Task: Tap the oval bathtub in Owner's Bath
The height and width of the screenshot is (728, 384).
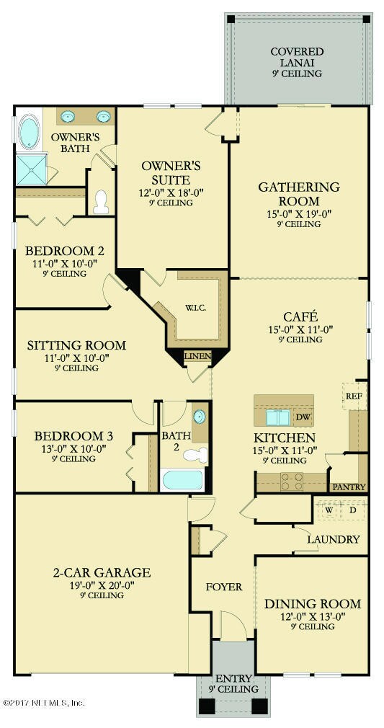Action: (x=30, y=133)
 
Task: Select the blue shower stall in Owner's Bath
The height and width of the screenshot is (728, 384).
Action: (x=32, y=169)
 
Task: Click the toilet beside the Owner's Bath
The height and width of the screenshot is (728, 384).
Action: (x=101, y=202)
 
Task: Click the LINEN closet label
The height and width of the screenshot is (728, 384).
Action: (x=198, y=357)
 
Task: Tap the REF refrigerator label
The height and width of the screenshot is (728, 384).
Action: (x=354, y=396)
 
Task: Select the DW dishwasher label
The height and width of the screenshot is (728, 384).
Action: (x=302, y=417)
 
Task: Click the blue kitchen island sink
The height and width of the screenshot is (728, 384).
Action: (x=278, y=418)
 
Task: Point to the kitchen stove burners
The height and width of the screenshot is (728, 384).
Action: (x=293, y=481)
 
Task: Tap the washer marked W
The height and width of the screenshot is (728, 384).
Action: (x=329, y=510)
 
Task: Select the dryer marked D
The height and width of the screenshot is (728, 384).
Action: (x=353, y=510)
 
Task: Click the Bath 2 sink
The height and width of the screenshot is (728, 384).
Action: (x=200, y=417)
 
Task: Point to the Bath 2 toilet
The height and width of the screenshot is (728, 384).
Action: (x=195, y=455)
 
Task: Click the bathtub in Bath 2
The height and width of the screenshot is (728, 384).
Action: (x=182, y=480)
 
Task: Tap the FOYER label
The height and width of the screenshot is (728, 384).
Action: (x=224, y=587)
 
